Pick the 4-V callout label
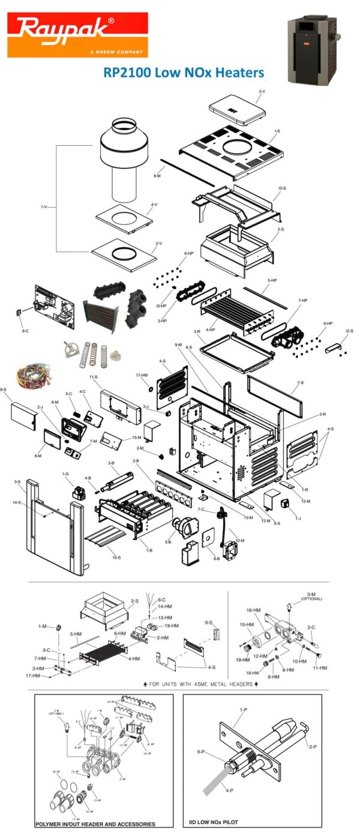(154, 205)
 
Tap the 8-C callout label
(25, 330)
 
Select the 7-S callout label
(300, 382)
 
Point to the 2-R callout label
(322, 414)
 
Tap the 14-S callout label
(18, 502)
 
